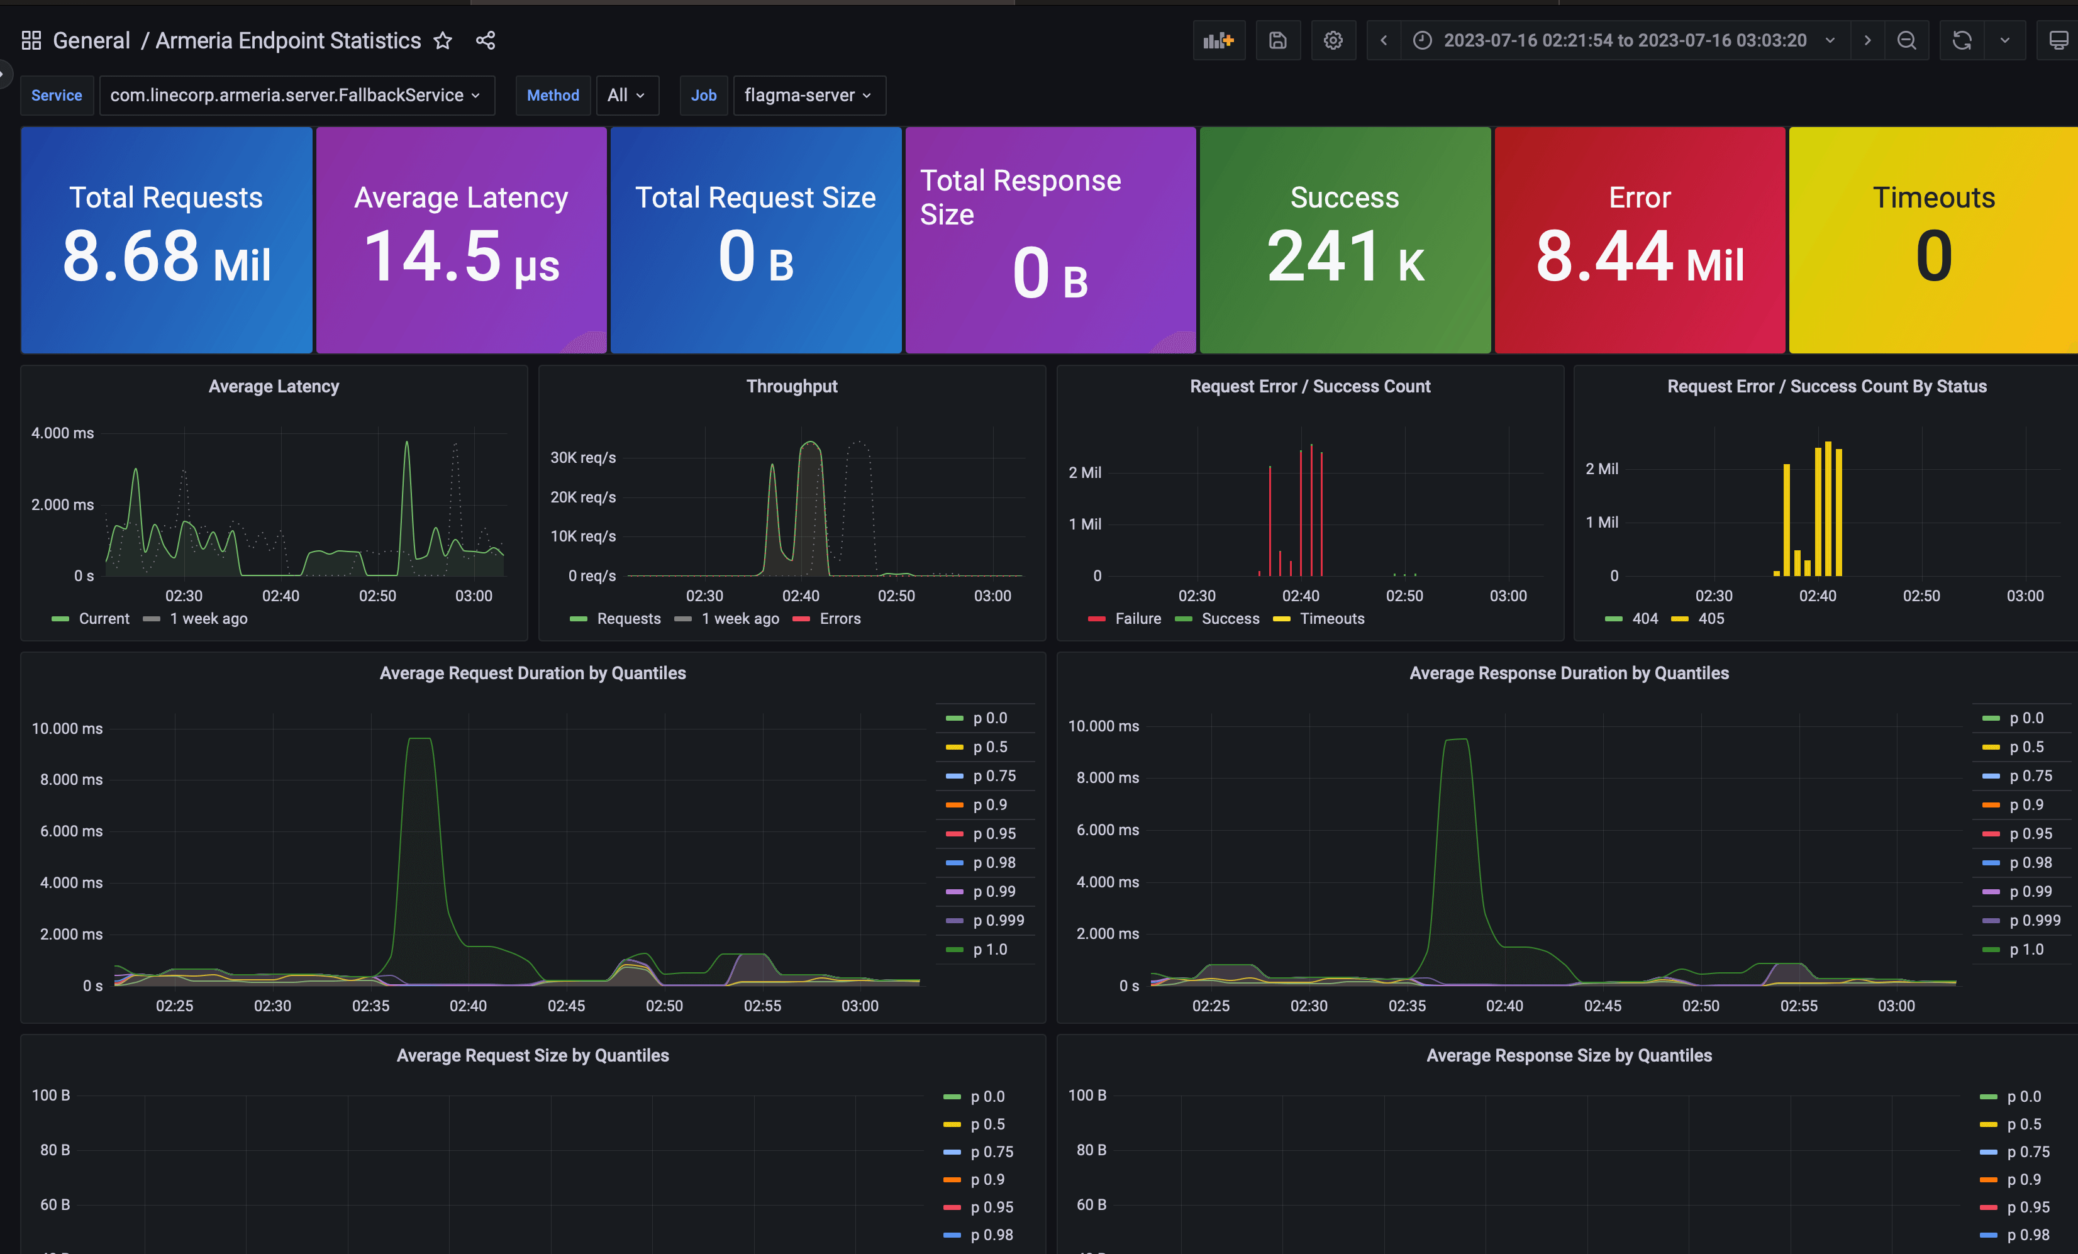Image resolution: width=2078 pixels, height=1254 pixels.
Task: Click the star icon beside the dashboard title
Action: [x=443, y=40]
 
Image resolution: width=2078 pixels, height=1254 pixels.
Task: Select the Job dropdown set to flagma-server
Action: [x=809, y=96]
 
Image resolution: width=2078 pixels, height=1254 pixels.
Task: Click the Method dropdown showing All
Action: [x=626, y=96]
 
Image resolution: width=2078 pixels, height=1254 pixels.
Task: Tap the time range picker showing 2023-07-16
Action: [x=1625, y=40]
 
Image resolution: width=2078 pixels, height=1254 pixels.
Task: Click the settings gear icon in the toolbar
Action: [x=1333, y=40]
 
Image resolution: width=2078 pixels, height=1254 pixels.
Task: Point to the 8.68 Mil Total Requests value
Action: [x=166, y=257]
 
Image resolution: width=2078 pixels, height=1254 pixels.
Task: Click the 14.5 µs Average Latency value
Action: [x=461, y=257]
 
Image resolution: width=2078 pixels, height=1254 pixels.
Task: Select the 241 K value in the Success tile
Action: [x=1345, y=257]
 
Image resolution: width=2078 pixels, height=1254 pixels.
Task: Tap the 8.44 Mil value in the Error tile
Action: [x=1640, y=257]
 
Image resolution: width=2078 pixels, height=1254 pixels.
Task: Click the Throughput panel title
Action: [x=792, y=386]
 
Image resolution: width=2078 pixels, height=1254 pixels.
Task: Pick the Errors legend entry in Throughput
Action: [x=827, y=618]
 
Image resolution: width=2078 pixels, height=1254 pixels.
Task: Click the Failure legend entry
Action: [x=1125, y=618]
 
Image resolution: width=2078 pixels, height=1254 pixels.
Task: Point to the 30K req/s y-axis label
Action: [x=583, y=457]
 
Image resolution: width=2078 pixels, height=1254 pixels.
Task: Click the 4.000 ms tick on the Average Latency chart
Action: [x=62, y=433]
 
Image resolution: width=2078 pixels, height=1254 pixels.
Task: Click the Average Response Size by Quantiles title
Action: [x=1569, y=1055]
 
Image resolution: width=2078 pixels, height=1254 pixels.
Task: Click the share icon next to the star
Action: [x=486, y=40]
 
